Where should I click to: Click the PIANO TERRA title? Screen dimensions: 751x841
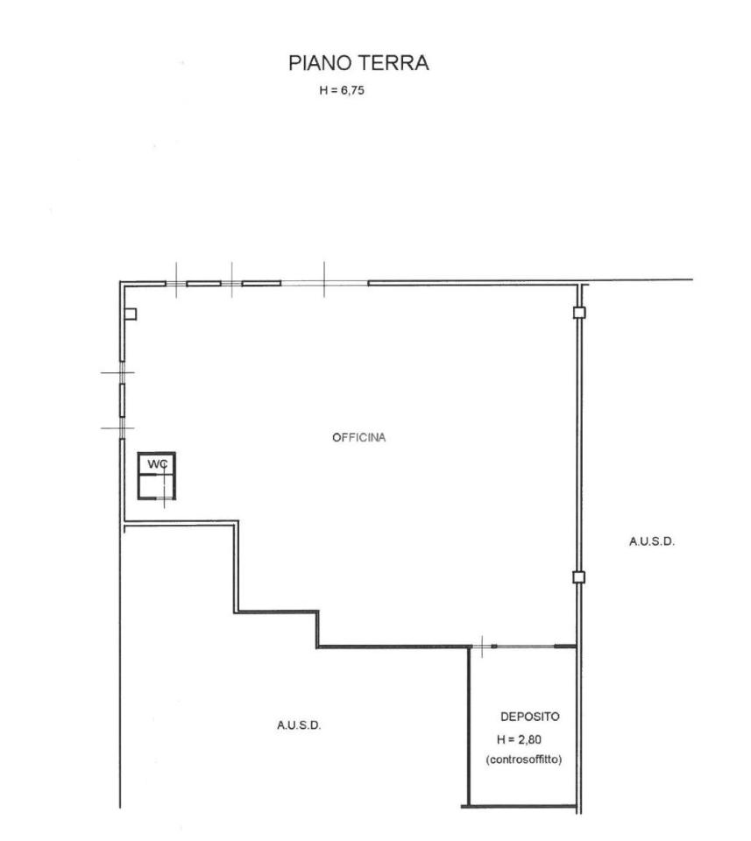tap(358, 63)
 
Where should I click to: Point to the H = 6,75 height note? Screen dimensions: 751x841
tap(342, 90)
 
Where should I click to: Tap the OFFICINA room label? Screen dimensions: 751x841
tap(359, 438)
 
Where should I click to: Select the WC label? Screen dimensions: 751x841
tap(158, 464)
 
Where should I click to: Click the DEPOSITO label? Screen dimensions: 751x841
tap(529, 717)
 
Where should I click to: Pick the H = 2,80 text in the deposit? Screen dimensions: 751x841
tap(519, 739)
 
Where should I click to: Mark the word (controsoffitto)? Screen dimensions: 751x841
tap(523, 760)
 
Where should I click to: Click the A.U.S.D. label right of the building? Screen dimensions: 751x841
tap(652, 541)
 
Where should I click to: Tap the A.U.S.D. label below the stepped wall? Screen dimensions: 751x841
tap(299, 725)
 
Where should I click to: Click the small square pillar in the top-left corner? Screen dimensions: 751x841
tap(131, 314)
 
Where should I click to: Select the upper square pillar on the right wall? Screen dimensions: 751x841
tap(579, 313)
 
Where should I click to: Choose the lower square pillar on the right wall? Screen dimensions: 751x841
tap(579, 577)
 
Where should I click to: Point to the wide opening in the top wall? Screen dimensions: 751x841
tap(324, 283)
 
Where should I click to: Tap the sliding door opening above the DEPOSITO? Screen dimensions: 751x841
tap(525, 647)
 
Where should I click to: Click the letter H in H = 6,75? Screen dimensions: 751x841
tap(323, 90)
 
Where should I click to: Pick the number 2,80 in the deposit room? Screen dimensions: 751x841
tap(530, 740)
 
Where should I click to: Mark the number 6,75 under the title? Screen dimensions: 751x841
tap(353, 90)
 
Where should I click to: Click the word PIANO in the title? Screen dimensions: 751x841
tap(320, 63)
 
